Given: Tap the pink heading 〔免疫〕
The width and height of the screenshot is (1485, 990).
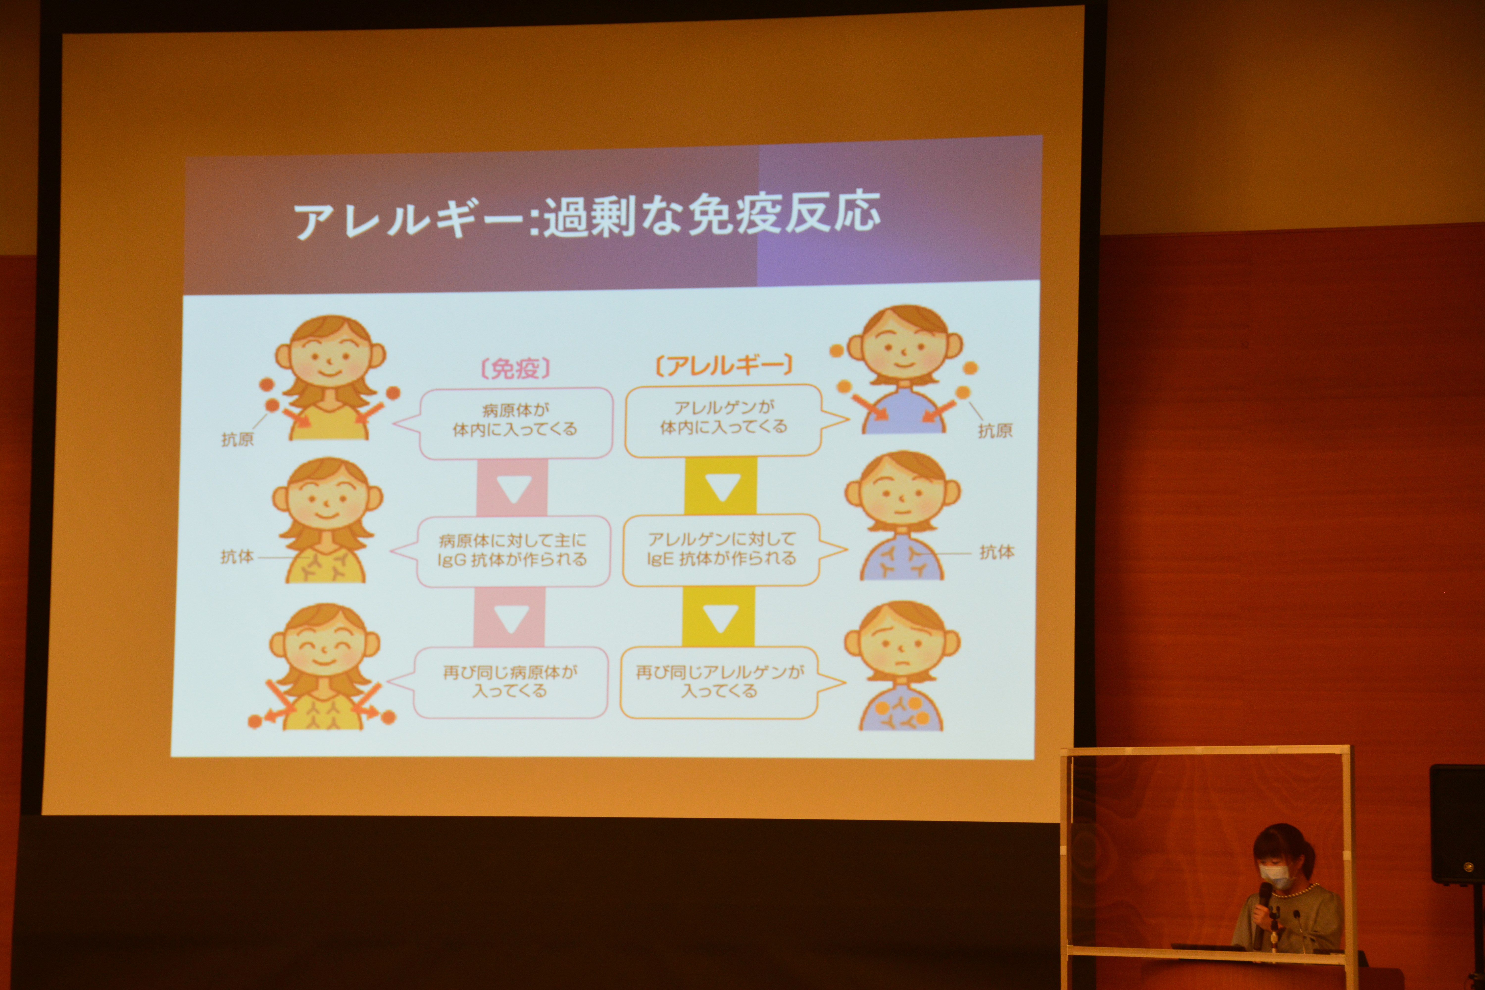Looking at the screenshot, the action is click(x=515, y=368).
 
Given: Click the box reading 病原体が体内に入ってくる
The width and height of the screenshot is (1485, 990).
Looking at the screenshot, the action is click(x=515, y=423).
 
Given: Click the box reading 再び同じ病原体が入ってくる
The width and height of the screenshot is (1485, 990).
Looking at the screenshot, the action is click(x=510, y=682).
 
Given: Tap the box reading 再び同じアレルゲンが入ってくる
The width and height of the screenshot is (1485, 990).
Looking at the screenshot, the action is click(x=719, y=682).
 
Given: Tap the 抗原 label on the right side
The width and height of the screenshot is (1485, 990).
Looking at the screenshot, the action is click(x=995, y=431).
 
